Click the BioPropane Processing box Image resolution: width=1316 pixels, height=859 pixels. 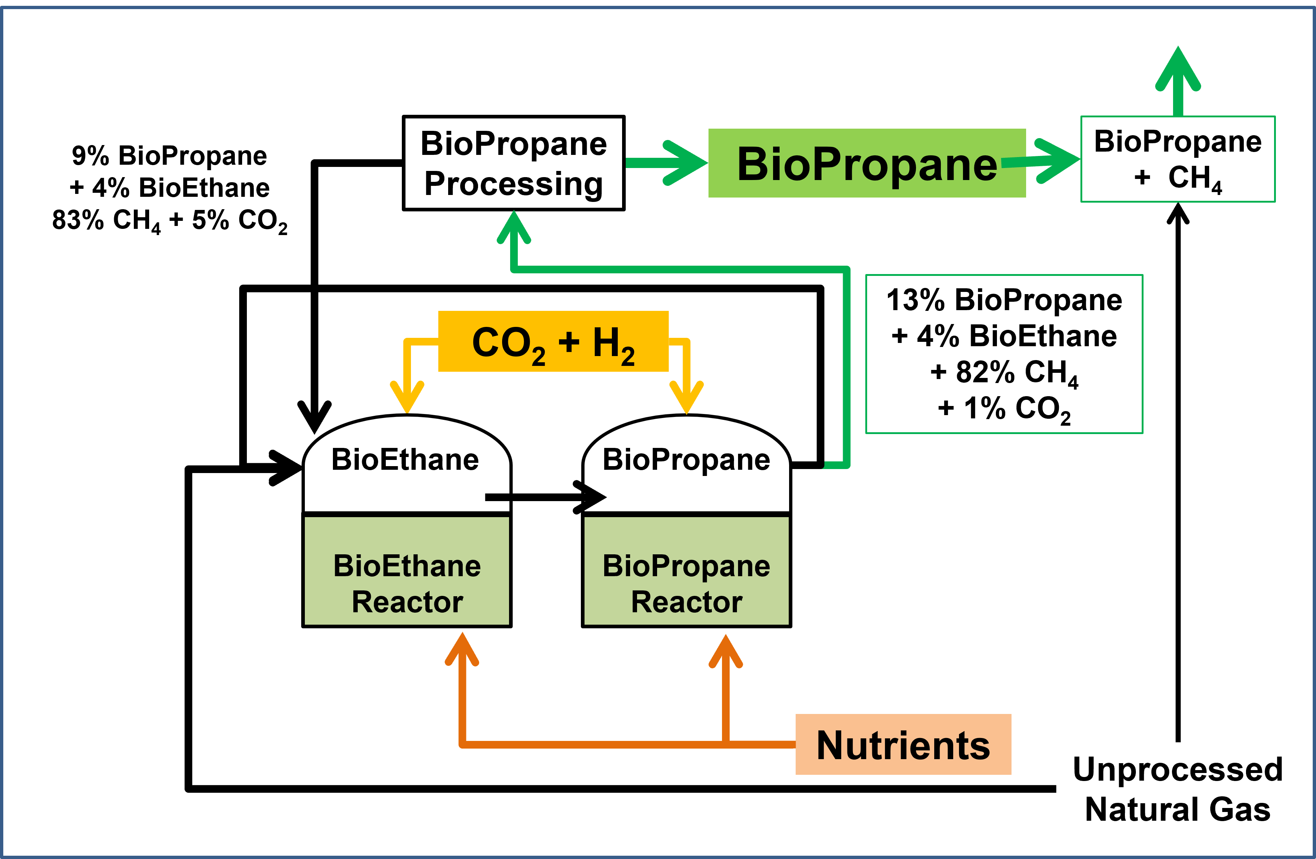(514, 163)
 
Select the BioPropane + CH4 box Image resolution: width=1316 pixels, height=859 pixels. (1178, 159)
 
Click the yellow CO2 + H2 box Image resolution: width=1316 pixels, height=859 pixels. (553, 341)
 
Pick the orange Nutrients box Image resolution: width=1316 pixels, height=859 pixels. (903, 744)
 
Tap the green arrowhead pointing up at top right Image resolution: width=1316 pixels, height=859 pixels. (1178, 69)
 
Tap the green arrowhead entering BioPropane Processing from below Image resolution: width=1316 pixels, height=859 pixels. (514, 228)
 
